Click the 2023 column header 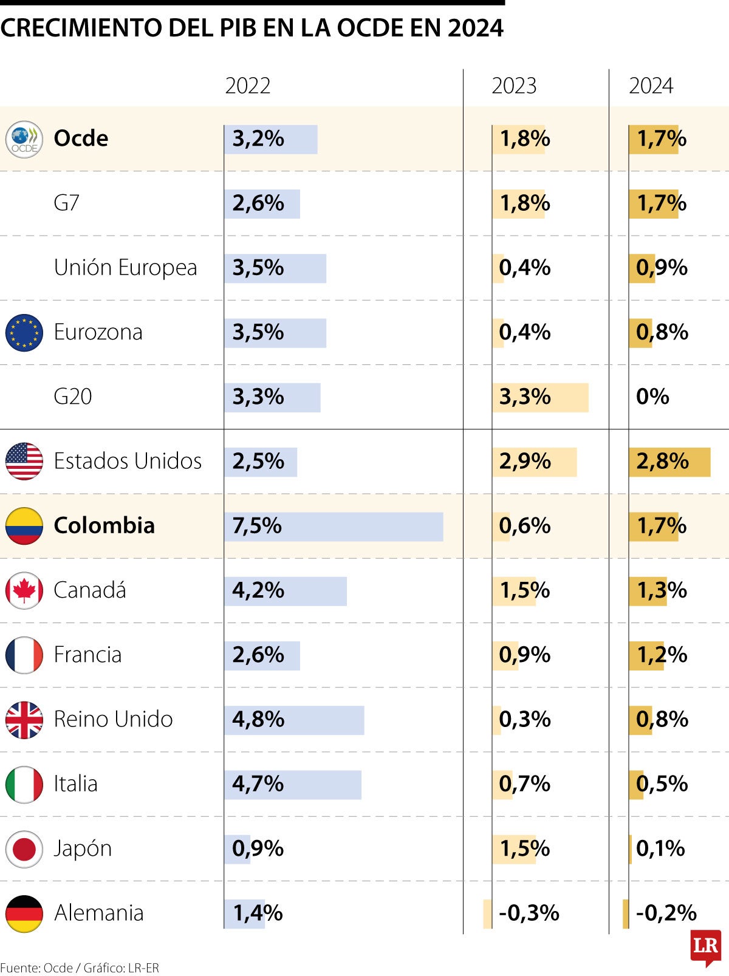coord(514,86)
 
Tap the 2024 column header coord(651,86)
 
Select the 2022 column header coord(247,86)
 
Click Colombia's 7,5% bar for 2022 coord(334,527)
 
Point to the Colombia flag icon coord(24,526)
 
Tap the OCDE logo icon coord(24,139)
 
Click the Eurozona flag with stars coord(24,333)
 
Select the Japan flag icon coord(24,849)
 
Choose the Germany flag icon coord(24,913)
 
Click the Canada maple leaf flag coord(24,590)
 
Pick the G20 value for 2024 coord(652,397)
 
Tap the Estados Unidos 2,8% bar coord(669,462)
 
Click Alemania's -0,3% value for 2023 coord(529,913)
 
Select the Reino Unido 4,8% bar coord(294,720)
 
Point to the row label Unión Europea coord(125,268)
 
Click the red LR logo coord(705,946)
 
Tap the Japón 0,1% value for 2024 coord(660,849)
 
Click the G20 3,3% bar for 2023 coord(540,398)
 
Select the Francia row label coord(87,655)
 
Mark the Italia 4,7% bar coord(292,785)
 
